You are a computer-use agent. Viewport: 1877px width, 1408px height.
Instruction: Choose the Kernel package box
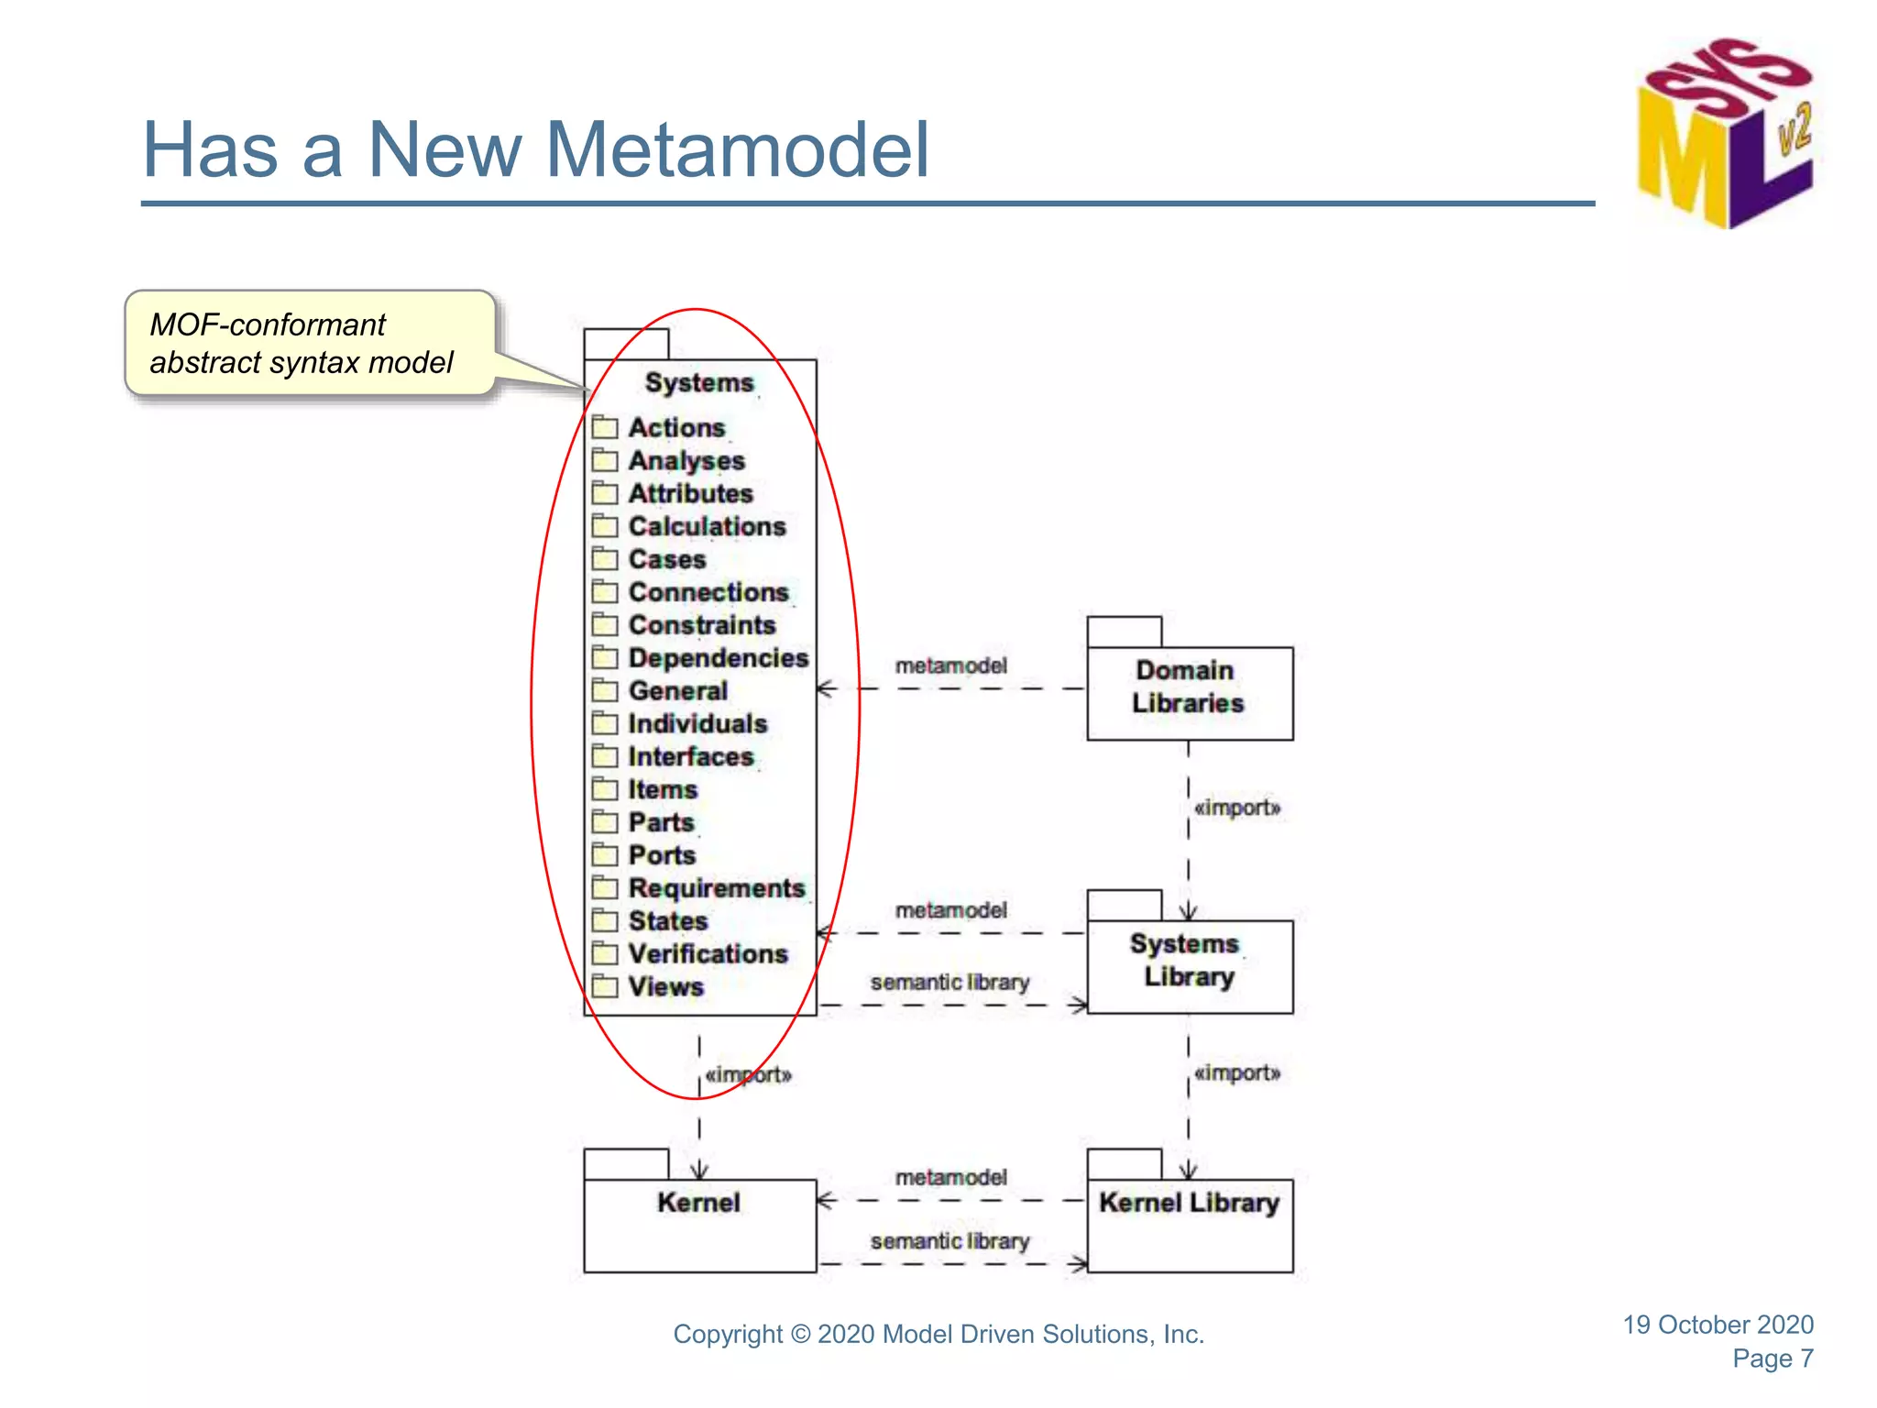pos(699,1219)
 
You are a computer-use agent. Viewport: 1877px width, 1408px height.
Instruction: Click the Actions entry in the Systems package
pos(676,428)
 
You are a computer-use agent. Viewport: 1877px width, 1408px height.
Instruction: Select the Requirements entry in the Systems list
pos(716,888)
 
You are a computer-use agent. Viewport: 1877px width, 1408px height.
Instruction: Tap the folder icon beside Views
pos(605,986)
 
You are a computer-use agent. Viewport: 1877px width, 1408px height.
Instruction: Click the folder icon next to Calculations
pos(605,526)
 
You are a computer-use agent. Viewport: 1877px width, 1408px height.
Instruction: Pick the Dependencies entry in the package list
pos(718,658)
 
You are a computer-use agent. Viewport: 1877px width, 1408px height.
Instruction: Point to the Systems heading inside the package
pos(699,382)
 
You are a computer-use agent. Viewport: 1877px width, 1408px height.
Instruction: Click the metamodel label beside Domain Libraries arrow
pos(950,665)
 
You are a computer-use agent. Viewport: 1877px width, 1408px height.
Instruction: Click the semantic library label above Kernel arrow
pos(949,1241)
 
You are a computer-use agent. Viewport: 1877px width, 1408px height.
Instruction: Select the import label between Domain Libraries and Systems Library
pos(1236,808)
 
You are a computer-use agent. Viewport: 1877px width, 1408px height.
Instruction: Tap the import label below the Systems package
pos(748,1074)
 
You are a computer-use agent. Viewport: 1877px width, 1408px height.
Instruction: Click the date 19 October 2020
pos(1718,1325)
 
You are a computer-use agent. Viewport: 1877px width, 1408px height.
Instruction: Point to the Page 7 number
pos(1772,1358)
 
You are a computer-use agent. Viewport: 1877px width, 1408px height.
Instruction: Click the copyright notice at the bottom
pos(938,1335)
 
